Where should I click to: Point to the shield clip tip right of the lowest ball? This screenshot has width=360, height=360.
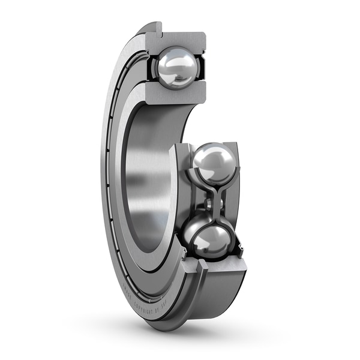coord(241,245)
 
